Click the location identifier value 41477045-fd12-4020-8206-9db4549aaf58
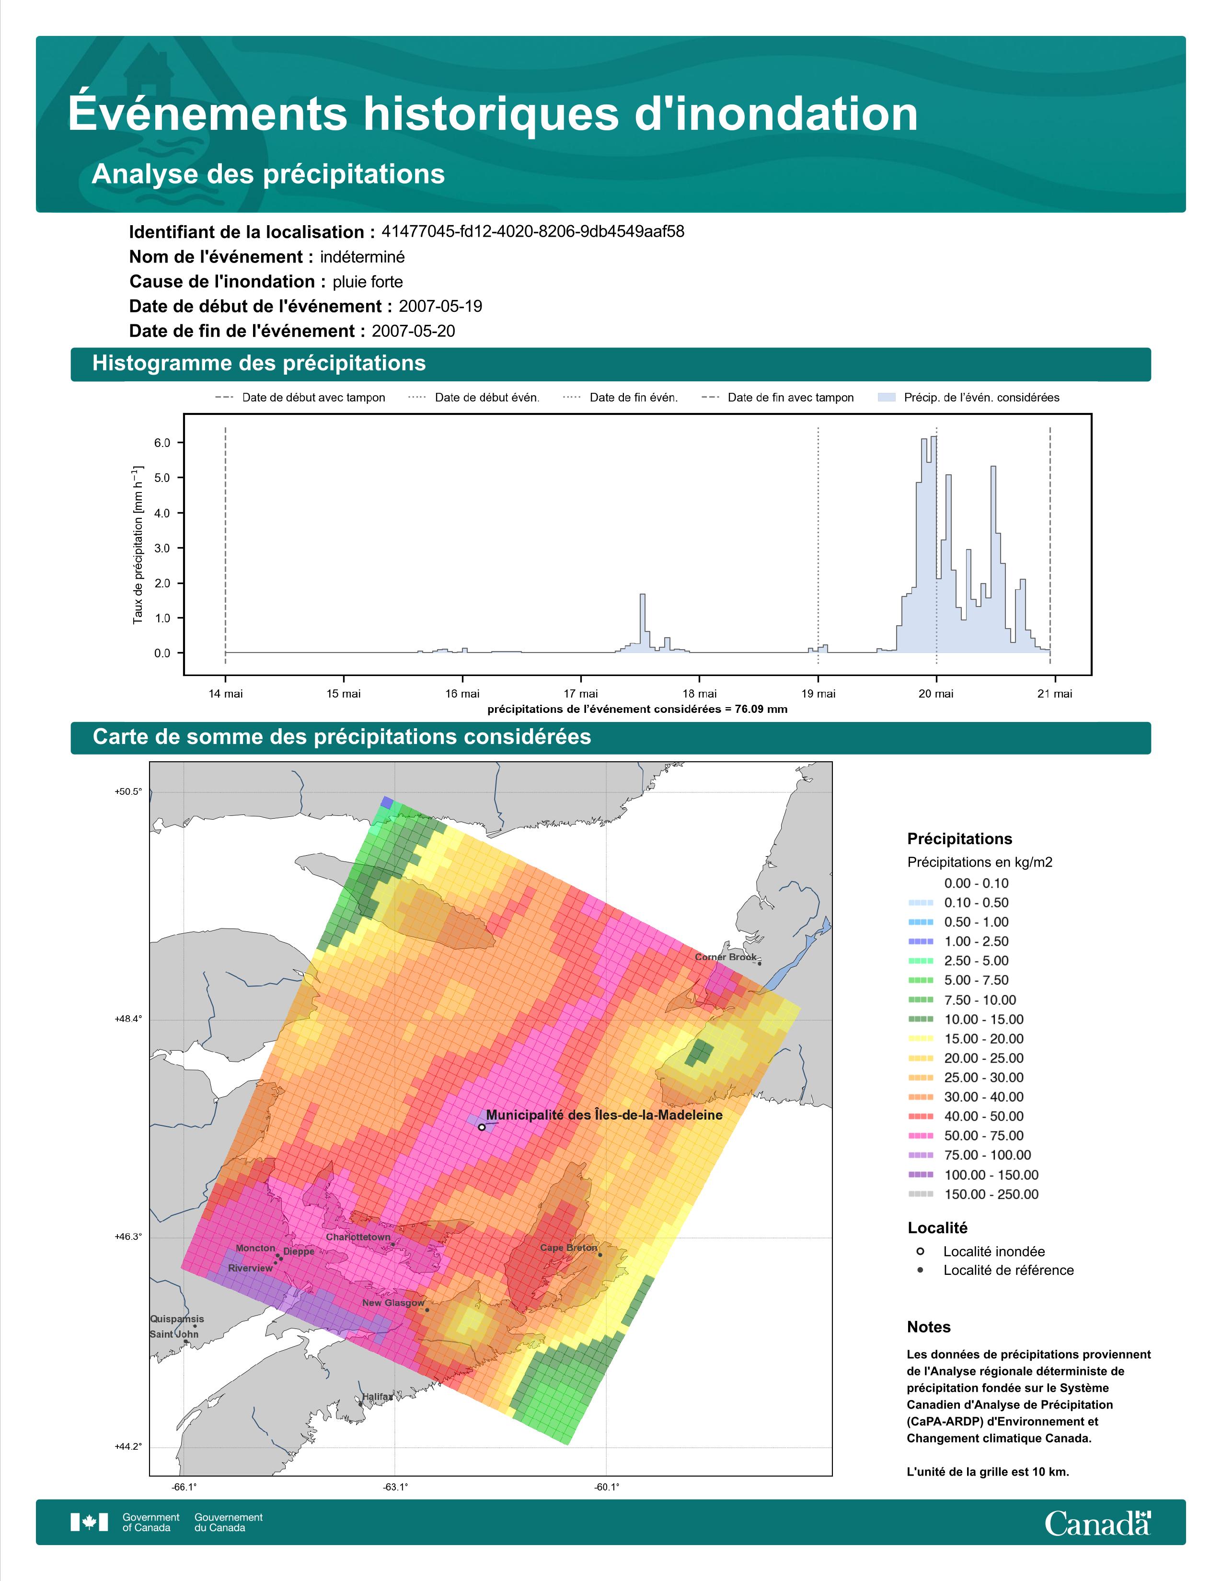click(x=533, y=232)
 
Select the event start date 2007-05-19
click(x=440, y=306)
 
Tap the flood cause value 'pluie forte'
click(x=368, y=282)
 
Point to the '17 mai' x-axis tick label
click(x=581, y=694)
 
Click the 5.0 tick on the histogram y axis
click(x=162, y=478)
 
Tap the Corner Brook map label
click(x=726, y=957)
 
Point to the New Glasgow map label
click(x=393, y=1303)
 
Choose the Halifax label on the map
click(x=377, y=1397)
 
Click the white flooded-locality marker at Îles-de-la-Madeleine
click(x=482, y=1127)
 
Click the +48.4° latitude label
click(x=128, y=1019)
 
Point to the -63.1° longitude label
click(x=395, y=1487)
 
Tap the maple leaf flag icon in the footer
click(x=89, y=1523)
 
